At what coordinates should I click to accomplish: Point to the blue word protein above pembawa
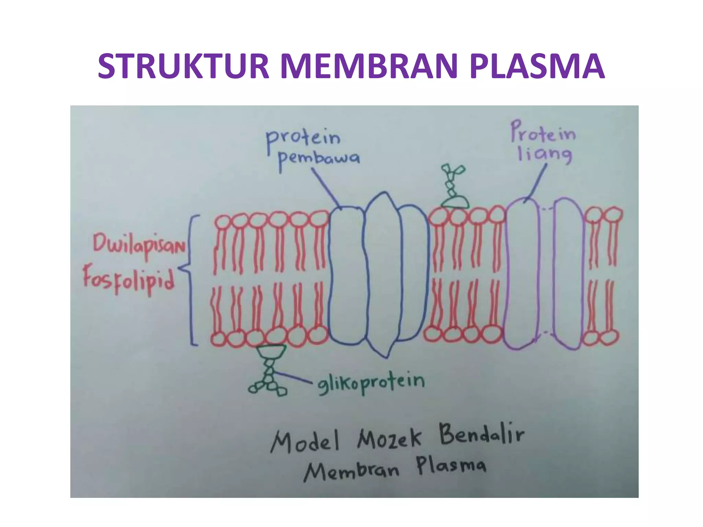[x=304, y=139]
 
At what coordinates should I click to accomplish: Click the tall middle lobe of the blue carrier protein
[x=383, y=274]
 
